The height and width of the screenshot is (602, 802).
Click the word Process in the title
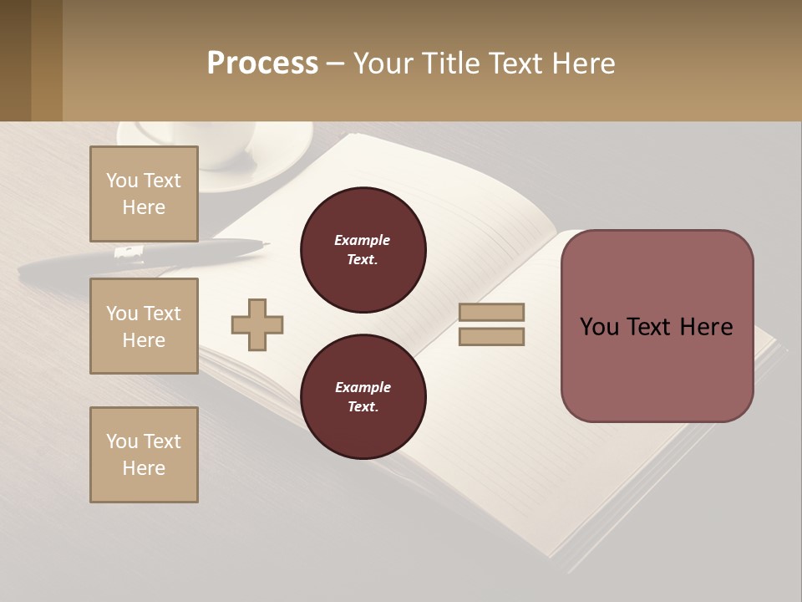click(x=262, y=64)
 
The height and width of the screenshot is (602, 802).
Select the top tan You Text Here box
click(x=144, y=194)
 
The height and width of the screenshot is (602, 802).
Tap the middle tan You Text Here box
click(x=144, y=326)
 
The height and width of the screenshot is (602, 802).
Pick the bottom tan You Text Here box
click(x=144, y=455)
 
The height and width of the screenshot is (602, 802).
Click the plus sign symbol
click(x=257, y=324)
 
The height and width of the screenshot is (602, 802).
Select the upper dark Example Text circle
click(x=363, y=250)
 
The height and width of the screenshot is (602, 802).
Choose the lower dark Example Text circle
click(x=363, y=397)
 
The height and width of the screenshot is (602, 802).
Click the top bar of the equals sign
click(x=491, y=313)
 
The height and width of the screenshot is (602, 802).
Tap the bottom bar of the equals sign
click(x=491, y=337)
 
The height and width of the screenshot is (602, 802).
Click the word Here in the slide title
click(x=584, y=64)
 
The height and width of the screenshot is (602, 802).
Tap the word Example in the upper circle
click(x=363, y=241)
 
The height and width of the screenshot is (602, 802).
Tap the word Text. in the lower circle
click(x=363, y=407)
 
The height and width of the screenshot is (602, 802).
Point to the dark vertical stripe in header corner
click(x=47, y=60)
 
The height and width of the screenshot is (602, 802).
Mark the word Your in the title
click(x=383, y=64)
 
